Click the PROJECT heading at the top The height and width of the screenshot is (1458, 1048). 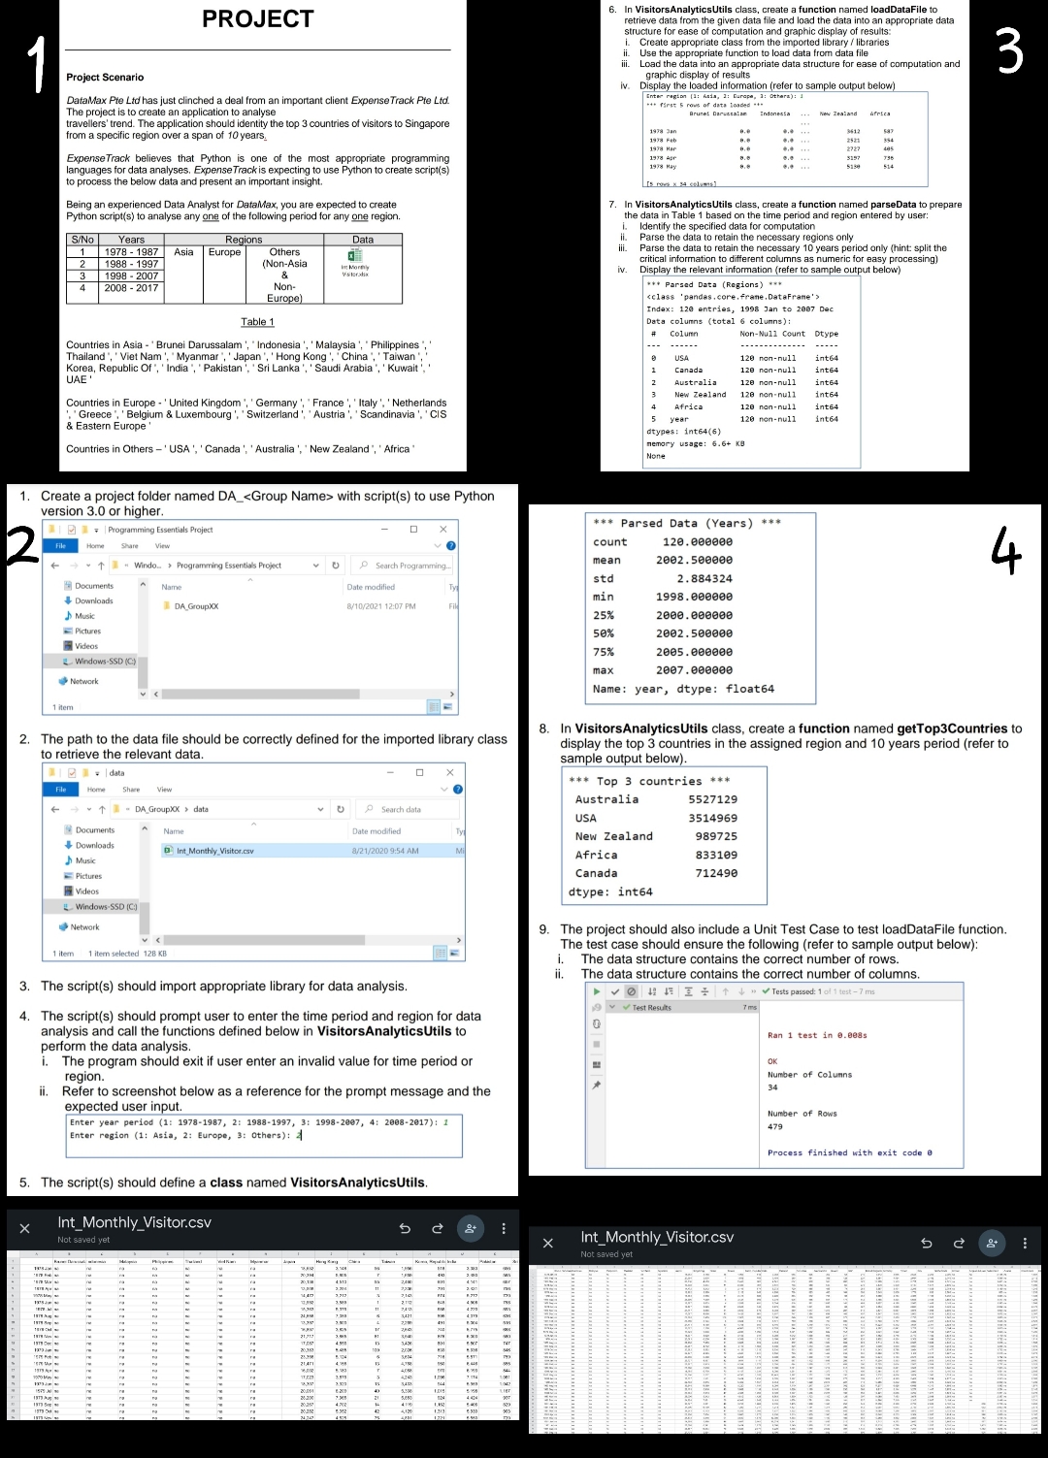point(257,19)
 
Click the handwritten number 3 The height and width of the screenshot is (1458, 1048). point(1009,51)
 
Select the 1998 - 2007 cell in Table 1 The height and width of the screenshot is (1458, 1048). point(131,275)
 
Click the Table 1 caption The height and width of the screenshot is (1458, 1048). point(257,322)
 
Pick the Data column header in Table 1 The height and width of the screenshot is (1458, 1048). point(363,240)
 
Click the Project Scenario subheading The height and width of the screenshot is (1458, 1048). point(105,78)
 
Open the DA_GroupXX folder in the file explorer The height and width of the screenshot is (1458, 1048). point(196,606)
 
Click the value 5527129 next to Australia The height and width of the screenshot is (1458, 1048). point(712,799)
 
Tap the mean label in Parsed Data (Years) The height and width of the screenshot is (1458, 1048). point(606,561)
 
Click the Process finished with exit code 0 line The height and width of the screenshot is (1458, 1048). point(849,1152)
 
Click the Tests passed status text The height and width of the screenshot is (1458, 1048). point(794,991)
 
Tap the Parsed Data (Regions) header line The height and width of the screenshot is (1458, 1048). point(714,284)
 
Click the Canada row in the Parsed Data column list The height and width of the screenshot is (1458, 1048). point(688,370)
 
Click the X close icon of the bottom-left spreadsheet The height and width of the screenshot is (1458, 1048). point(25,1228)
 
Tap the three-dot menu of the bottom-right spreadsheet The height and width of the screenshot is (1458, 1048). point(1025,1243)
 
